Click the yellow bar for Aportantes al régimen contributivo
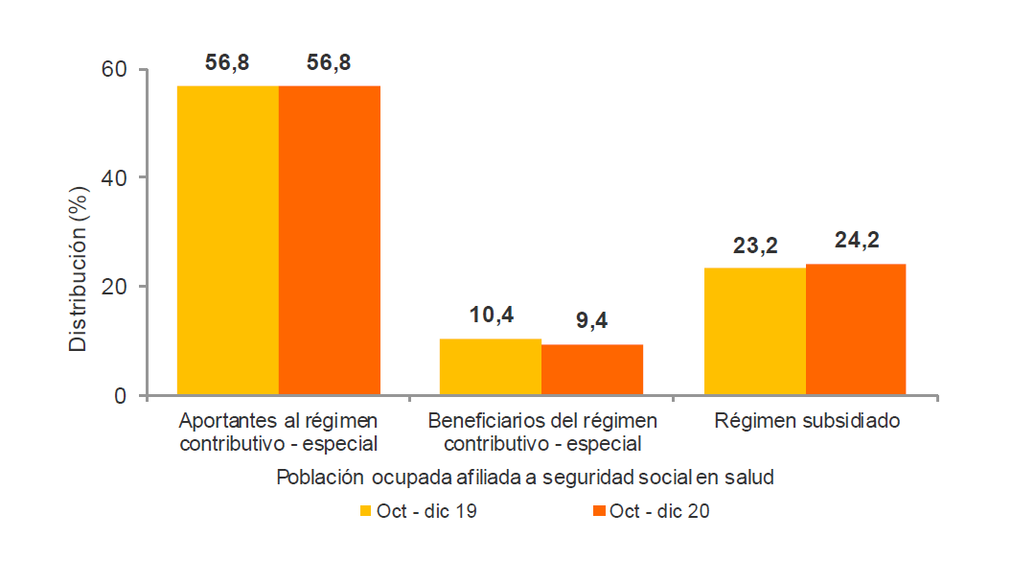228,240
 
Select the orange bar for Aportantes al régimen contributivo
330,240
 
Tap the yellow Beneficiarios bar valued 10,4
491,366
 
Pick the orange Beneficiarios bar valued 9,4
592,369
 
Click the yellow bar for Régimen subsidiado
755,331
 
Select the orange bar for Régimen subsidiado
856,329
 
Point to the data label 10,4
491,316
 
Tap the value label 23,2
755,245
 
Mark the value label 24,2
856,241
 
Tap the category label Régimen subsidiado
806,421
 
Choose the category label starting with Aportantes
279,432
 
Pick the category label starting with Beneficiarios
542,432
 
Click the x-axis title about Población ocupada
524,477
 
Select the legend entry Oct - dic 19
418,511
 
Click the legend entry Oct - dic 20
651,511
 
